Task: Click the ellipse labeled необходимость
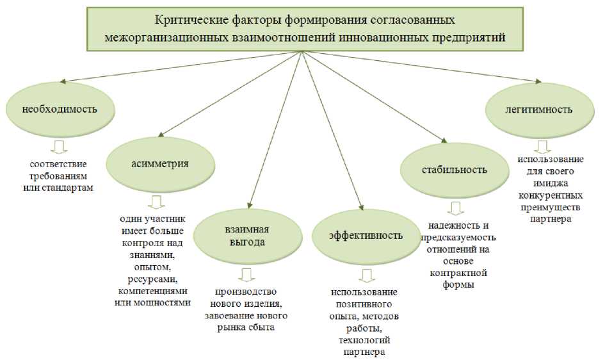(x=60, y=109)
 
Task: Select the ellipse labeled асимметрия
(x=159, y=163)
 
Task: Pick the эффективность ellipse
(x=366, y=235)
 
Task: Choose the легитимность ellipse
(x=538, y=109)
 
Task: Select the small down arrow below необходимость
(x=60, y=147)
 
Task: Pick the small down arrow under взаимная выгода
(x=246, y=275)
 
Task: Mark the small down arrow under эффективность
(x=366, y=276)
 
